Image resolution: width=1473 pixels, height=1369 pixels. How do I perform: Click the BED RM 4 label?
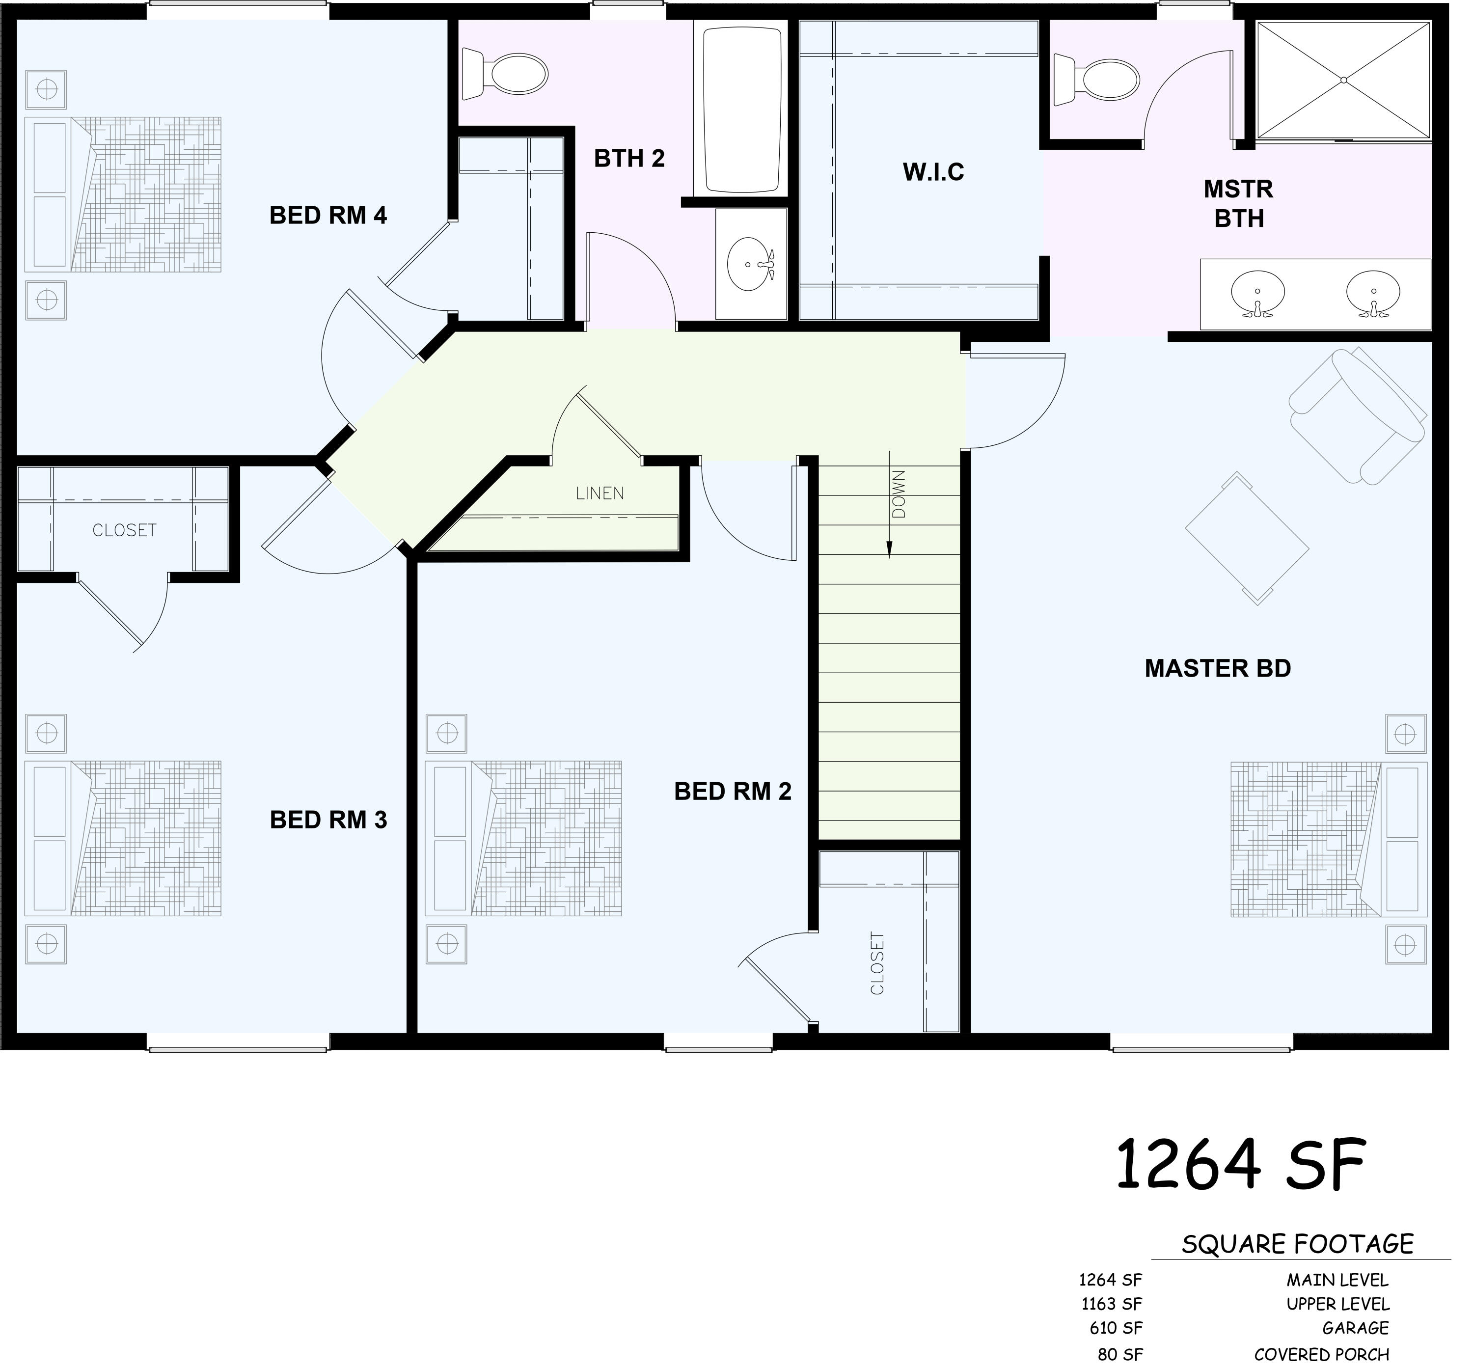pos(328,216)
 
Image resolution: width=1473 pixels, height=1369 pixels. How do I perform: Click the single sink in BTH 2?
pos(751,264)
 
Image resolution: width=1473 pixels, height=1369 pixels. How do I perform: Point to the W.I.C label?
pos(933,172)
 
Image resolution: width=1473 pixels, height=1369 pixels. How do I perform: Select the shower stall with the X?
pos(1343,80)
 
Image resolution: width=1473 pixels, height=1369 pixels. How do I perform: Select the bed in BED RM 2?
pos(523,839)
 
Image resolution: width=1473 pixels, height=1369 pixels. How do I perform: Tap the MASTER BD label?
pos(1218,669)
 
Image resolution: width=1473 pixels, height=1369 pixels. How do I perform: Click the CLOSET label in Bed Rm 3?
pos(124,530)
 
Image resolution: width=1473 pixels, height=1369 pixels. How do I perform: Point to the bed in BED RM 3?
pos(123,839)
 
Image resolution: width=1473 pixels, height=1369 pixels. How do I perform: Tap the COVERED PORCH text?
pos(1321,1354)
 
